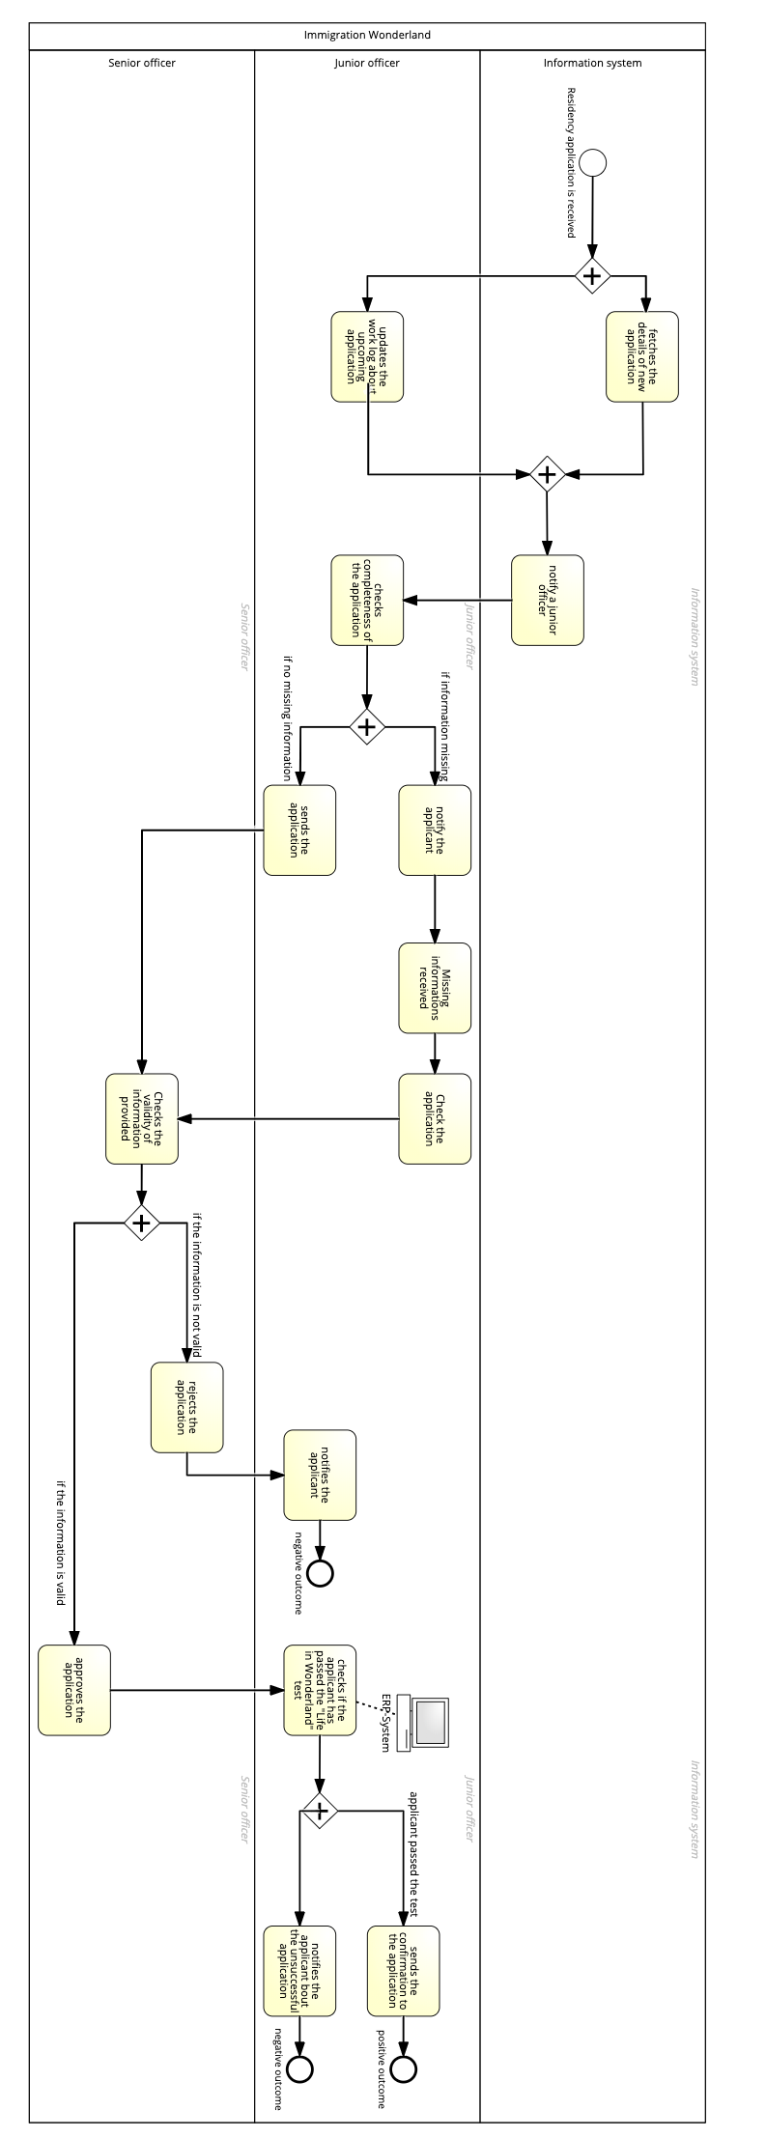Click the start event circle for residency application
tap(593, 162)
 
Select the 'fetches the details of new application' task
tap(642, 356)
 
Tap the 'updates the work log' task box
tap(367, 356)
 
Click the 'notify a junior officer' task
tap(547, 600)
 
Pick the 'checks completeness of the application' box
tap(367, 600)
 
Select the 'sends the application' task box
tap(299, 830)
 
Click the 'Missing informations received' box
tap(435, 988)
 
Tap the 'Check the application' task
tap(435, 1118)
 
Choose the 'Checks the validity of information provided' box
tap(142, 1118)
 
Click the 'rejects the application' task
tap(186, 1407)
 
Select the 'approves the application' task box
tap(74, 1690)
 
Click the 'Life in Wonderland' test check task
tap(320, 1690)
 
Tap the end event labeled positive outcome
tap(403, 2068)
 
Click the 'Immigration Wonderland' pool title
tap(367, 35)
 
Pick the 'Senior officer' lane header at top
tap(142, 63)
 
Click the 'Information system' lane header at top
tap(592, 63)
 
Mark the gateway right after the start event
tap(592, 276)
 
